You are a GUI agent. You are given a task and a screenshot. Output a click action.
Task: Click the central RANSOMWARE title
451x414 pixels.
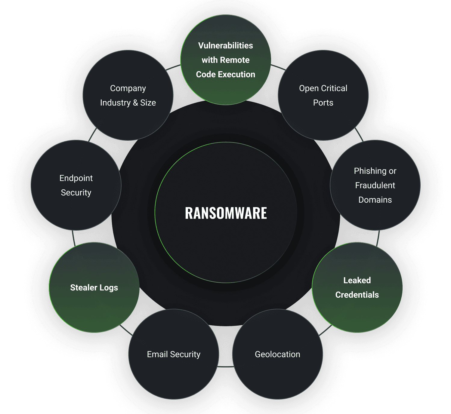[x=226, y=213]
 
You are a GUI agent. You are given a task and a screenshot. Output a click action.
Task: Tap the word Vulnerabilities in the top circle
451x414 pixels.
[x=226, y=46]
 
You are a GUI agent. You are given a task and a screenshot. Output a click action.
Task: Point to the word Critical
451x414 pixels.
[x=334, y=88]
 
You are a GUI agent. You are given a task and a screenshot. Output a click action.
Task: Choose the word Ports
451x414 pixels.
[x=323, y=103]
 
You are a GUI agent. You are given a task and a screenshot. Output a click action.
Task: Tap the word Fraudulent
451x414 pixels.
[x=375, y=186]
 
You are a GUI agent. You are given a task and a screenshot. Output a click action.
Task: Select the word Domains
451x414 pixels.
[x=375, y=200]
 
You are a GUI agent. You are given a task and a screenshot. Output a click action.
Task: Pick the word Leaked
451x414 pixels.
[x=357, y=281]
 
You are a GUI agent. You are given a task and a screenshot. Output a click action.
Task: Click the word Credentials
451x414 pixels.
[x=357, y=295]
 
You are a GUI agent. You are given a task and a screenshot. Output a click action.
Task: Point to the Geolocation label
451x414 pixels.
[x=277, y=354]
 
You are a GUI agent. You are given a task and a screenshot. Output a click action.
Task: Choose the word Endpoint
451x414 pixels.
[x=76, y=178]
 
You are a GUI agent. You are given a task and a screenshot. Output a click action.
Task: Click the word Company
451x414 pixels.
[x=128, y=89]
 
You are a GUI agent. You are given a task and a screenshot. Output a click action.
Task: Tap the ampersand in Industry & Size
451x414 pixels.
[x=135, y=103]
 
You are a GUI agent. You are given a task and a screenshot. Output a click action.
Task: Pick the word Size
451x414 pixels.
[x=148, y=103]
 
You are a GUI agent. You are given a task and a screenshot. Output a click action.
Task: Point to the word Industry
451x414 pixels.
[x=115, y=103]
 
